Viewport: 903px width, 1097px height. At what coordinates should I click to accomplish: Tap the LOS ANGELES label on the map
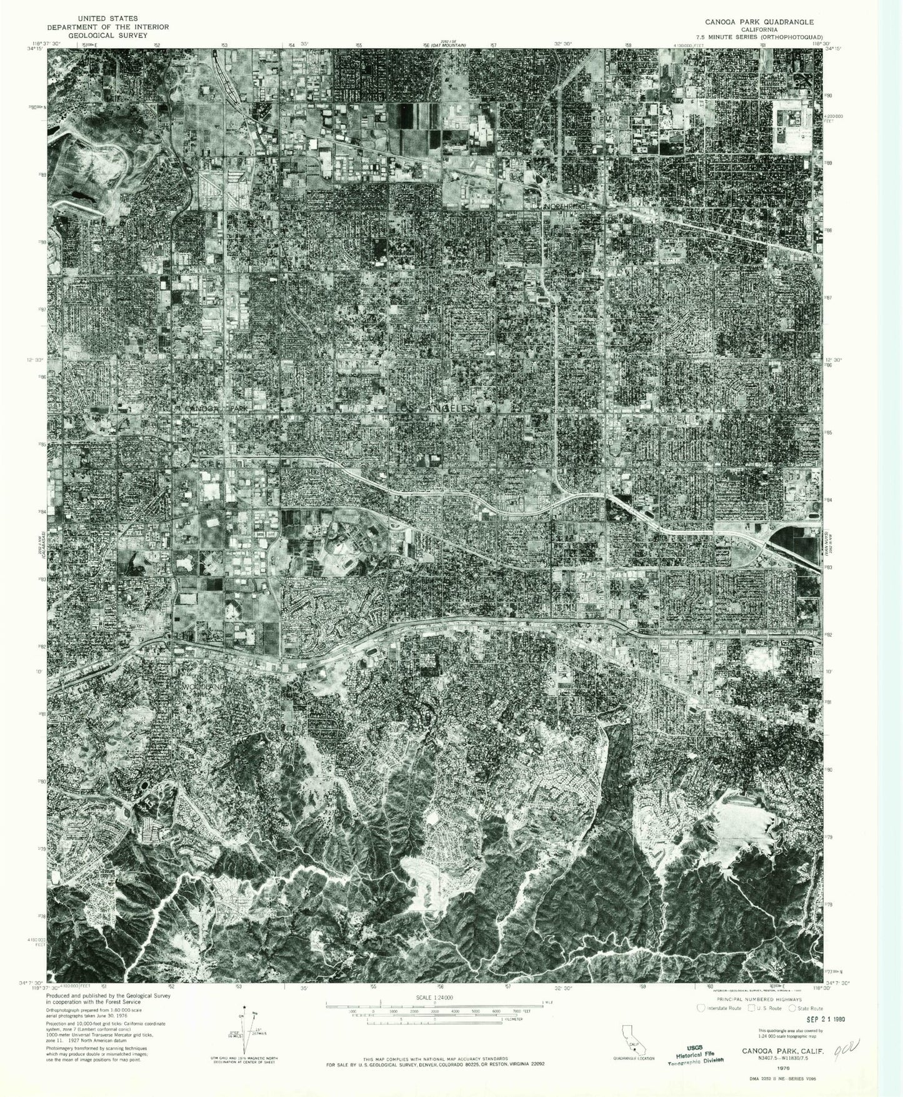coord(435,408)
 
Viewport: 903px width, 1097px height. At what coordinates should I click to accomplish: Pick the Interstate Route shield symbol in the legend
coord(702,1008)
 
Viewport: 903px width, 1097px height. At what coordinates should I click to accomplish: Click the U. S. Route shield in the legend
coord(747,1008)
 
